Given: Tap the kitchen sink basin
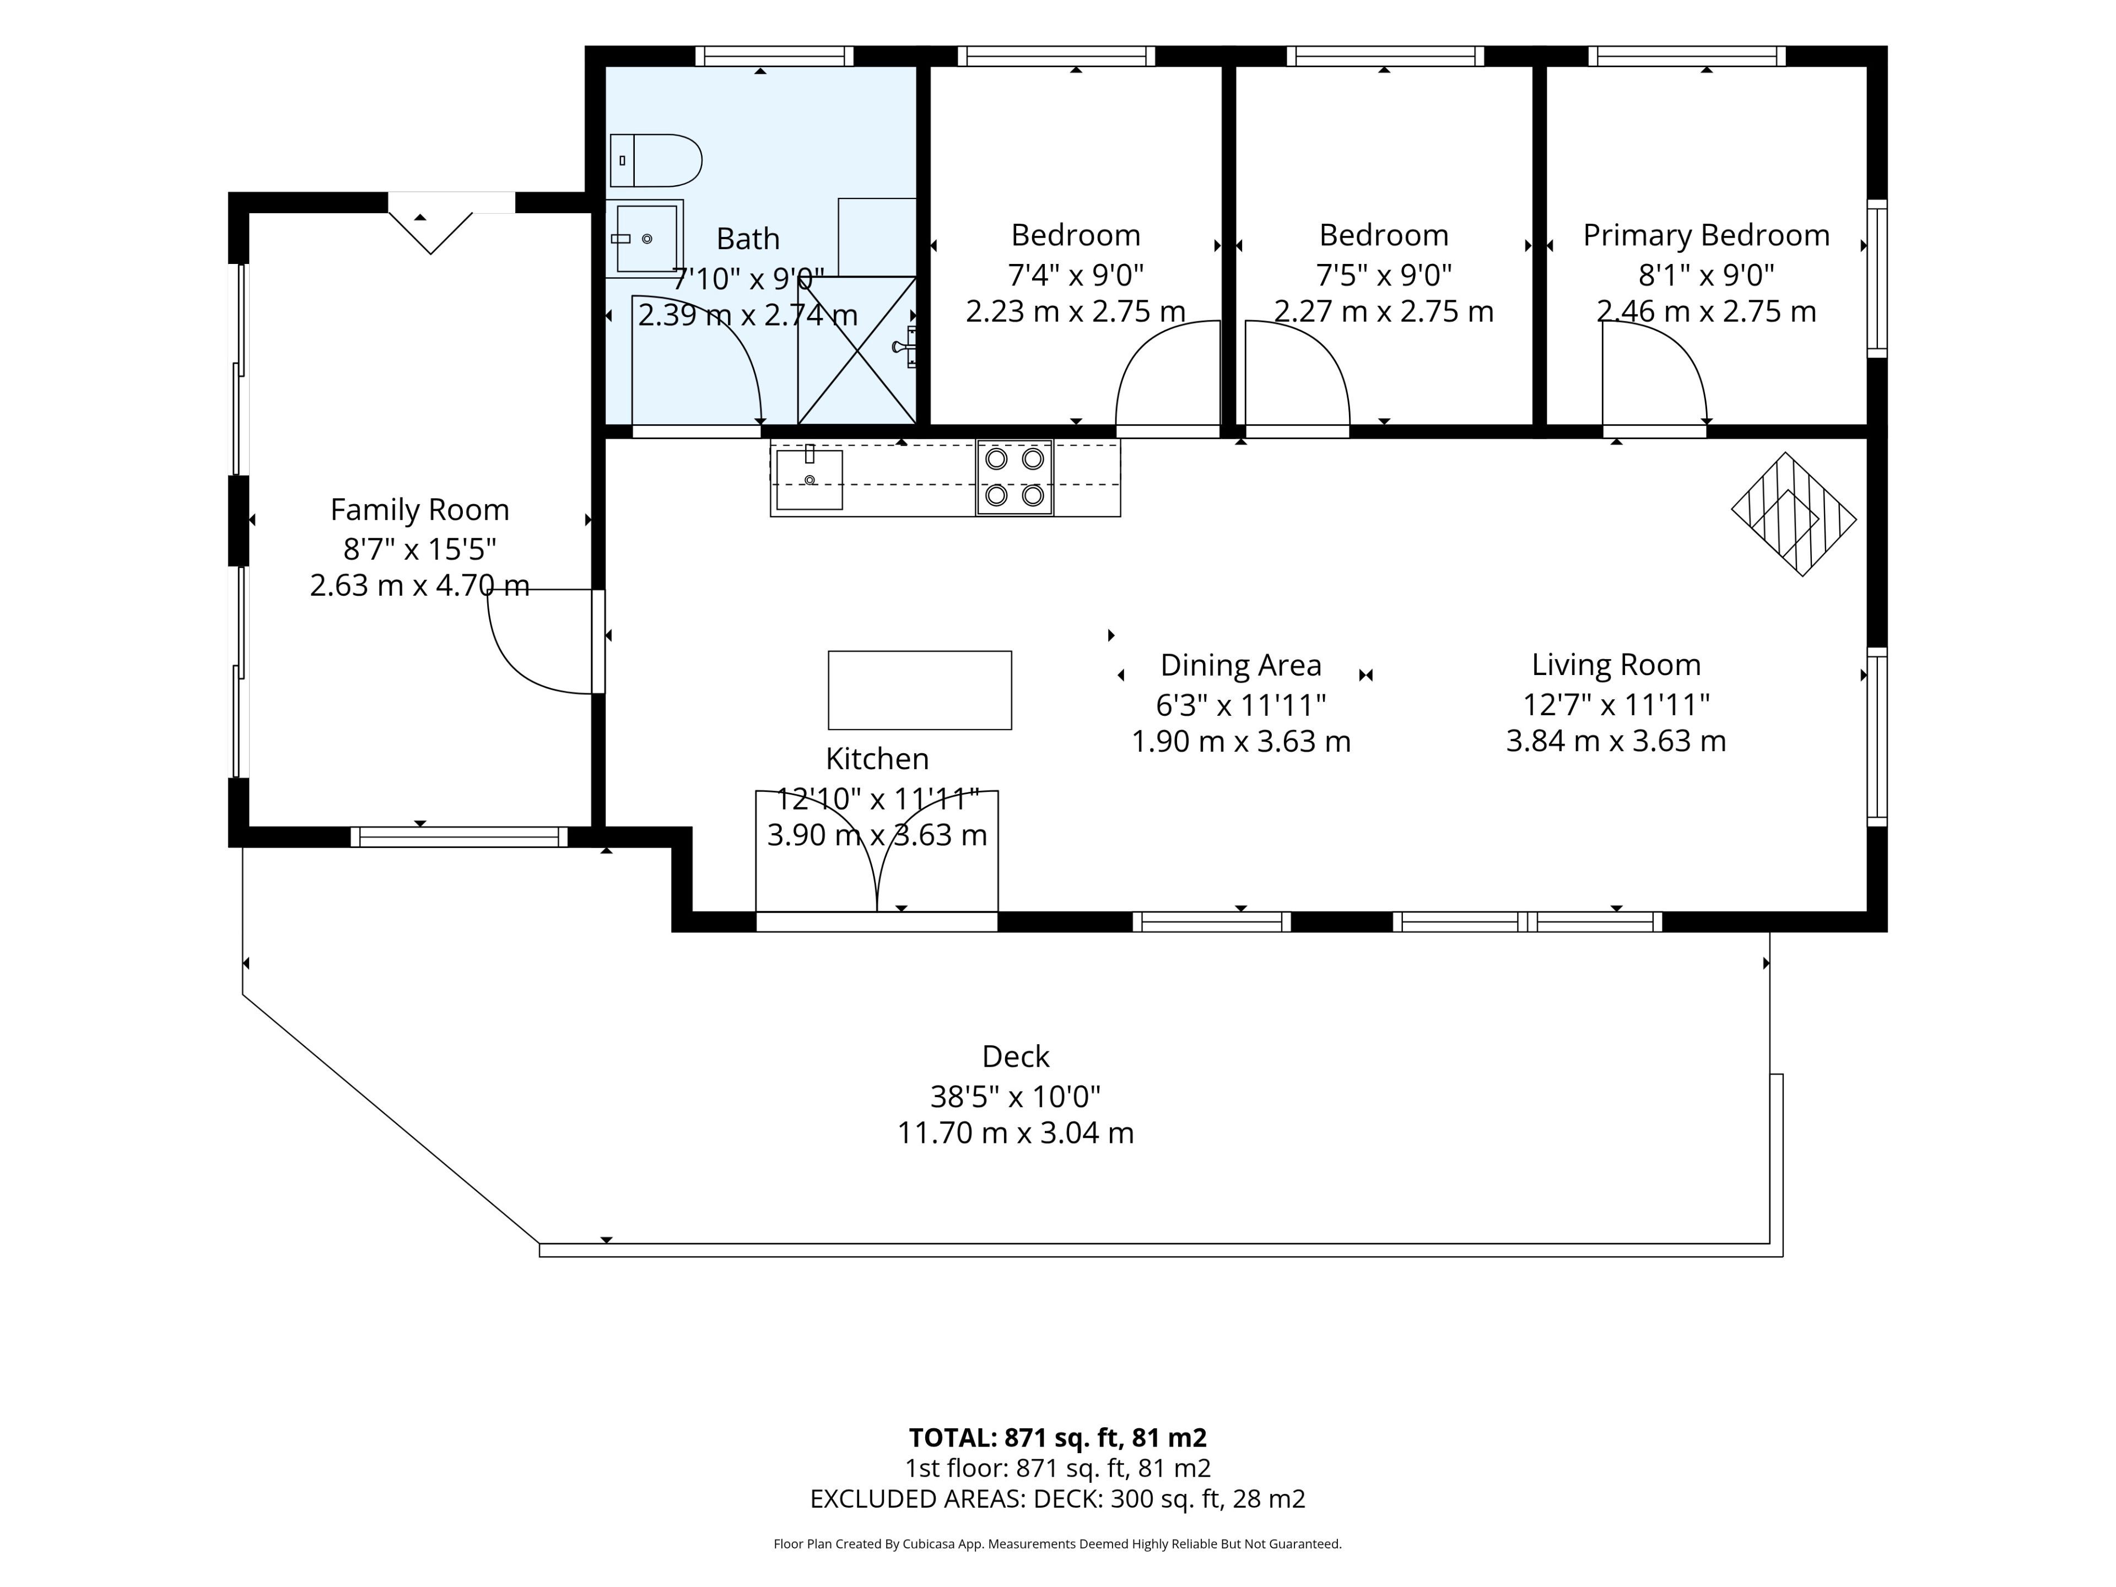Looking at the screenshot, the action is coord(809,479).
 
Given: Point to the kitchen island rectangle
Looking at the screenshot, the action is coord(919,690).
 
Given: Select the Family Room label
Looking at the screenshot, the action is coord(420,510).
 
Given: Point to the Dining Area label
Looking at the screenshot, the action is coord(1241,665).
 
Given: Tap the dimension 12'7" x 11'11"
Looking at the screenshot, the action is coord(1616,705).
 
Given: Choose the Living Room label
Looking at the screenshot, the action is coord(1616,665).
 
